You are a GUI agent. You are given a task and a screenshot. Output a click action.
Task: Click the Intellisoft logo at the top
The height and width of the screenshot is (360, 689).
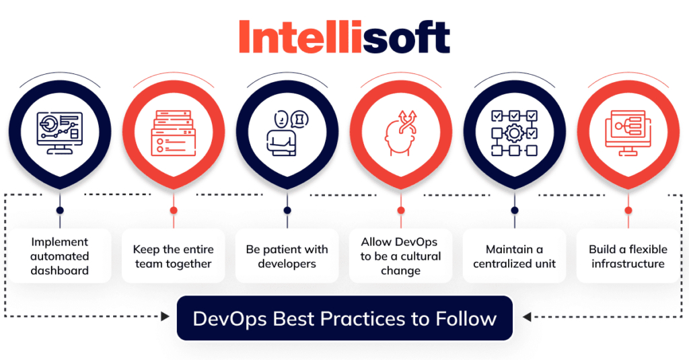[344, 38]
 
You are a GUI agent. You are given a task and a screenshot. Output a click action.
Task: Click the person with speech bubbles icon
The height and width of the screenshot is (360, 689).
[287, 132]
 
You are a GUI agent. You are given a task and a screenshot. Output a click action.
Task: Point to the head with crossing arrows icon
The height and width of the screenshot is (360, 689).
[401, 132]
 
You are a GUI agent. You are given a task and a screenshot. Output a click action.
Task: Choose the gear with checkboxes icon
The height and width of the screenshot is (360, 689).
[514, 132]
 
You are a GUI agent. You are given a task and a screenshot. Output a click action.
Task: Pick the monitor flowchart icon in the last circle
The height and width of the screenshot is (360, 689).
[628, 132]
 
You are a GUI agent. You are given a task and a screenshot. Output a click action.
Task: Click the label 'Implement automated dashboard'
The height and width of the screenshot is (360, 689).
[60, 256]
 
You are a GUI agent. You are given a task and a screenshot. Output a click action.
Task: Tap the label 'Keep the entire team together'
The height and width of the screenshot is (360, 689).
[174, 256]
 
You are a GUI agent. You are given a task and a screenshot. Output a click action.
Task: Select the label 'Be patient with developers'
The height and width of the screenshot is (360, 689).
[287, 256]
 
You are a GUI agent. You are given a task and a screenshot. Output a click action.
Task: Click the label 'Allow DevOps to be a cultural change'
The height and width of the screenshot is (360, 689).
[400, 256]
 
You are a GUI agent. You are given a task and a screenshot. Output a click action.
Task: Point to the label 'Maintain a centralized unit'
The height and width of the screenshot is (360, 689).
[514, 256]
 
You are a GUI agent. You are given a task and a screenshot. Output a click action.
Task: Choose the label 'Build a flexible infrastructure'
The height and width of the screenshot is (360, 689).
[628, 256]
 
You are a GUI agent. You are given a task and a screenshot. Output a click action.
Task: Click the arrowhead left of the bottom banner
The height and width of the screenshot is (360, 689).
[165, 317]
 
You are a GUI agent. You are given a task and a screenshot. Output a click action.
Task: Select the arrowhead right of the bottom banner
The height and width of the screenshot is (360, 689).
[525, 317]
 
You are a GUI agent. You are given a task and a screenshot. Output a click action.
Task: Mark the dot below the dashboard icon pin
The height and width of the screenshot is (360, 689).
[60, 210]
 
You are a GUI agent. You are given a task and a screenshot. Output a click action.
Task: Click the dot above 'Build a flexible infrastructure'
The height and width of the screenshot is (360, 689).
[628, 210]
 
